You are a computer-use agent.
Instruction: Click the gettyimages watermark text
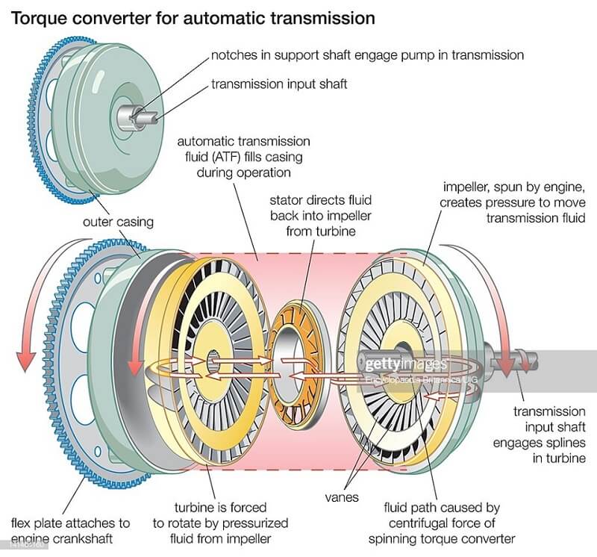coord(404,364)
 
